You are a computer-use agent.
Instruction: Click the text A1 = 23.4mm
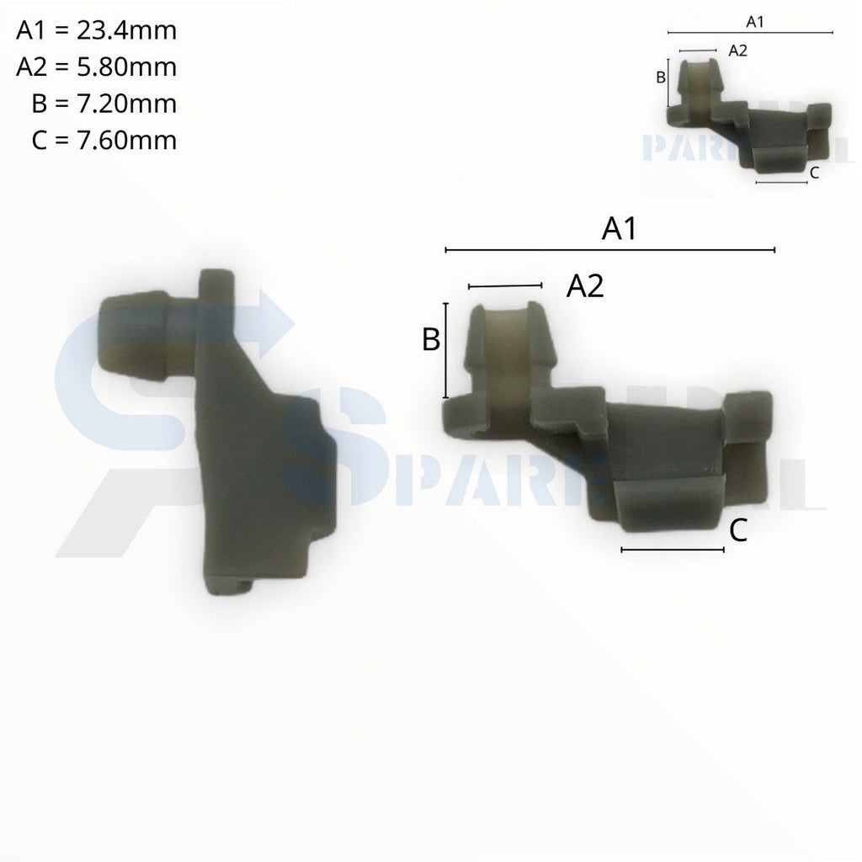97,31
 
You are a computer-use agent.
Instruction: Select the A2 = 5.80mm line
97,67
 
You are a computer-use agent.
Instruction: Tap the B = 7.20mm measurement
104,104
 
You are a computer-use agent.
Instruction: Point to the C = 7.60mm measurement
104,140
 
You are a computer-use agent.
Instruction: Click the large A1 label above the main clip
619,229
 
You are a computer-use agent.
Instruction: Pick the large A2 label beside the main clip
585,286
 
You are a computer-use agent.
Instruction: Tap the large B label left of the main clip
430,340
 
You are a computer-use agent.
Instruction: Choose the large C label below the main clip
737,530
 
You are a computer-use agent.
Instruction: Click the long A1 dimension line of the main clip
609,250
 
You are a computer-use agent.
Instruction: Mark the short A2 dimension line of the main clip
505,287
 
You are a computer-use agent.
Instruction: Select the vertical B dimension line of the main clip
445,350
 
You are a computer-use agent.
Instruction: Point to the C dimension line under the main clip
672,550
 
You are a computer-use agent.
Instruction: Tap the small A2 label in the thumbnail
737,51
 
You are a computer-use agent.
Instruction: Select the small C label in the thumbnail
813,173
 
